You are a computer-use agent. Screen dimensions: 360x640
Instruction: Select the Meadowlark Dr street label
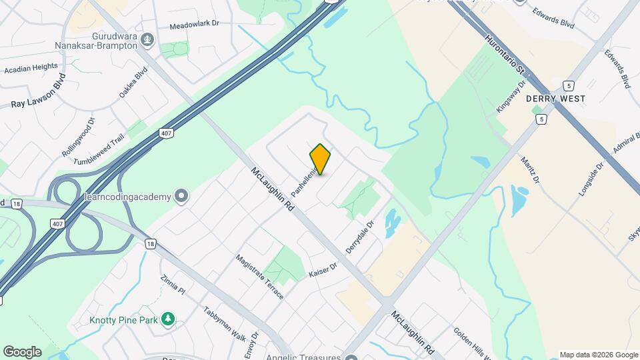tap(194, 24)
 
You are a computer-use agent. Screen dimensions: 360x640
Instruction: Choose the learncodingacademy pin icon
tap(181, 196)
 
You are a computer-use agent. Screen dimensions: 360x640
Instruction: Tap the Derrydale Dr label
tap(360, 236)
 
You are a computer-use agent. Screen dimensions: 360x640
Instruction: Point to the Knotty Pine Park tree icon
tap(169, 320)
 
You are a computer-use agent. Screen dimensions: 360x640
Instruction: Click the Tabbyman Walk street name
tap(221, 323)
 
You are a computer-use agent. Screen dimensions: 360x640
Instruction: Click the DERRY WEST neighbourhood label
tap(555, 99)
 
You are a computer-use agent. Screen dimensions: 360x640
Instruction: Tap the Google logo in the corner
tap(22, 352)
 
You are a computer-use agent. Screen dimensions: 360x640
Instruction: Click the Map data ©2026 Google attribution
tap(598, 355)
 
